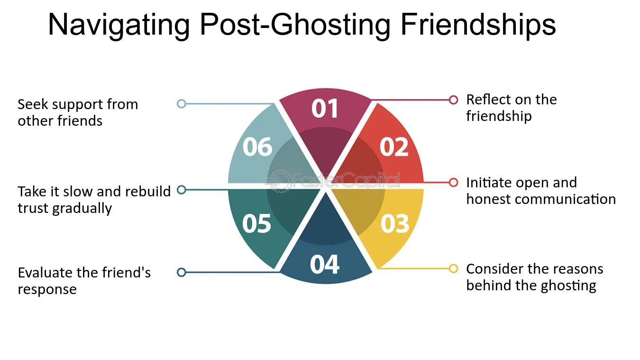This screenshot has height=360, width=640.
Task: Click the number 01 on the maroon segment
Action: point(325,108)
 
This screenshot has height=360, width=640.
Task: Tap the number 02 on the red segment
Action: point(394,147)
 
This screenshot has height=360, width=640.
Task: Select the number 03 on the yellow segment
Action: point(395,223)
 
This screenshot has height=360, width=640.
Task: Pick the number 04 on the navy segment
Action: point(325,265)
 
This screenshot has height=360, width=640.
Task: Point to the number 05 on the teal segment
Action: point(256,223)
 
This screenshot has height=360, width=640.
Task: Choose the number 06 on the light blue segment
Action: point(257,147)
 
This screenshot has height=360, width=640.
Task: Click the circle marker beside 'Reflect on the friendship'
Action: point(453,100)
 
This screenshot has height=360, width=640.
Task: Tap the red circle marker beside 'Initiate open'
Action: point(453,183)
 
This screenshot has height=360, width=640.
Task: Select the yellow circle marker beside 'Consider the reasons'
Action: point(453,268)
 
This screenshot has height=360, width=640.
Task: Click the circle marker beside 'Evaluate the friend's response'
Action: point(182,272)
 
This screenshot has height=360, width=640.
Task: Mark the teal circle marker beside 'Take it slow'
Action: point(182,190)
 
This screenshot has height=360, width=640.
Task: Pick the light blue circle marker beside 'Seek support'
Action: point(182,103)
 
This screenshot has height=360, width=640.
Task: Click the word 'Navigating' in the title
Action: point(119,26)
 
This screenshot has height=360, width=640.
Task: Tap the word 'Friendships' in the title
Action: point(478,25)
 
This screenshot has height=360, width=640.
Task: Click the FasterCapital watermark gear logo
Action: point(279,181)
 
